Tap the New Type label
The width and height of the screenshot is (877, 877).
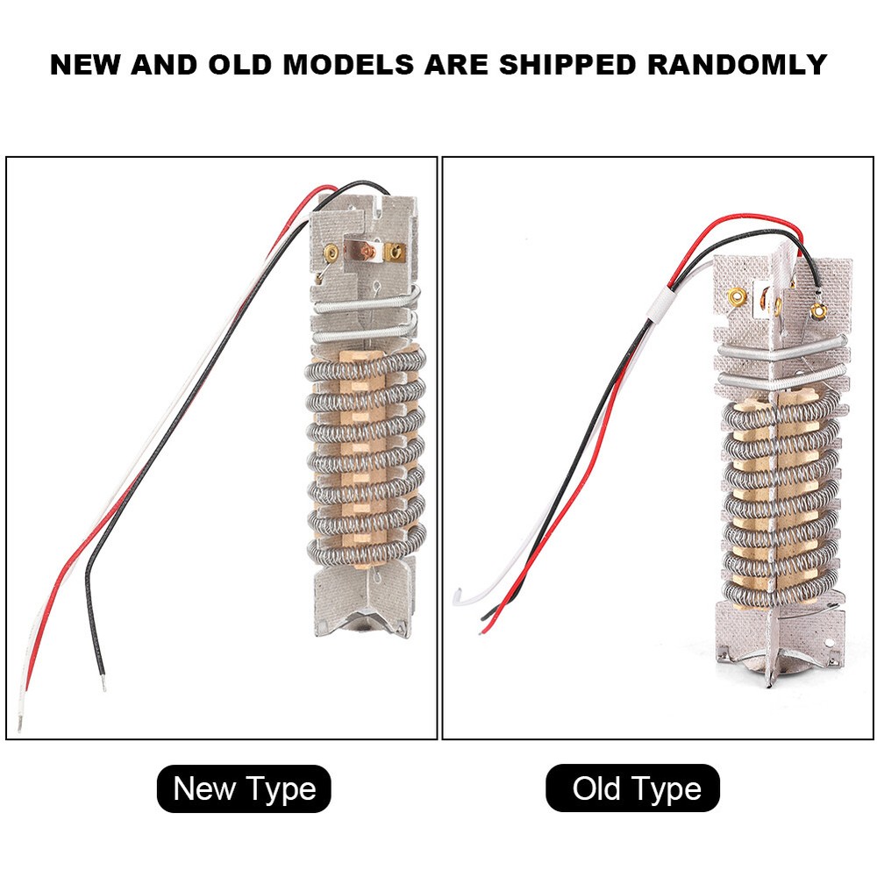tap(244, 788)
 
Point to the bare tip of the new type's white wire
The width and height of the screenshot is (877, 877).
tap(19, 724)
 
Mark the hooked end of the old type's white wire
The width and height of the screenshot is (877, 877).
tap(455, 598)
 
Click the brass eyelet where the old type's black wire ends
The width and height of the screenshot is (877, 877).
tap(819, 309)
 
